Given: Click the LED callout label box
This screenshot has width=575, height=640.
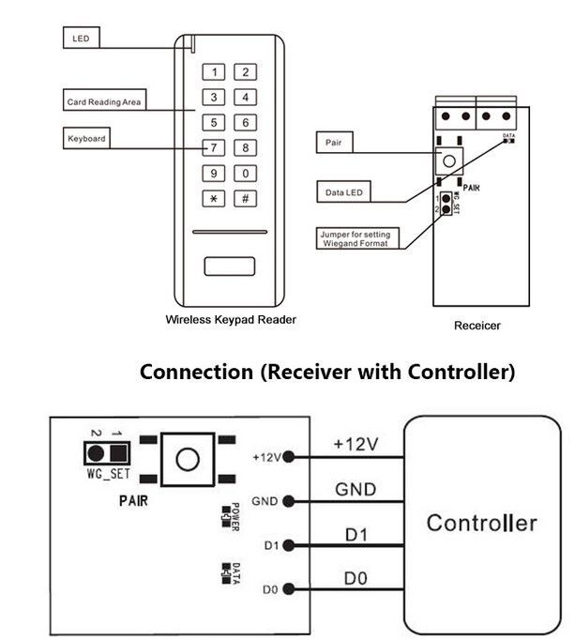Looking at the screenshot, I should tap(81, 39).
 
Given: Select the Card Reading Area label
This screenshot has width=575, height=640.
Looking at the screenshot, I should tap(104, 101).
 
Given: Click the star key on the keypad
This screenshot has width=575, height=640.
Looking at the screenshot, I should tap(214, 198).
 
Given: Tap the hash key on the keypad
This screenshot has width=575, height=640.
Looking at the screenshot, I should tap(245, 198).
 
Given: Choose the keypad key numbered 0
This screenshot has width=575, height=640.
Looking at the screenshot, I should tap(245, 173).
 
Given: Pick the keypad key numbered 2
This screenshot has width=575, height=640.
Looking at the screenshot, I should tap(245, 72).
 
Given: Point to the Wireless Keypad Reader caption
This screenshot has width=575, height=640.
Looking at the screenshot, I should tap(231, 320).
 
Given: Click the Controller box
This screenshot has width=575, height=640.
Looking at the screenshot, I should tap(481, 524).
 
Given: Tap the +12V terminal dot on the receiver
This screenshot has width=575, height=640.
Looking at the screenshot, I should tap(288, 457).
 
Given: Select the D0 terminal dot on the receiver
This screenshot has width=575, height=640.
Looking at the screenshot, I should tap(288, 589).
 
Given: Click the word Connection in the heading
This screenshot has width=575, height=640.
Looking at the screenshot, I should tap(195, 372).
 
